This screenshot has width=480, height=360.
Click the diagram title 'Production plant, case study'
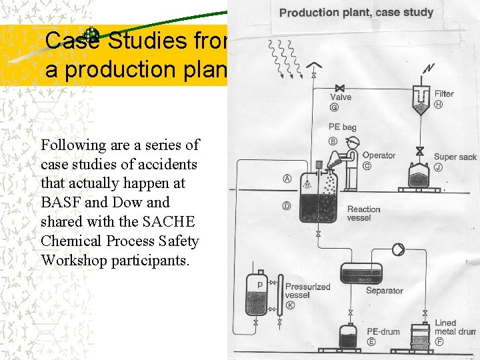pos(356,12)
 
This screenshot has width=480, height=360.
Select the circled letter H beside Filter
pos(439,104)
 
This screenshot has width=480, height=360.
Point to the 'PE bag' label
pos(343,127)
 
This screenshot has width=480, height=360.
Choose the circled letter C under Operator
pos(367,165)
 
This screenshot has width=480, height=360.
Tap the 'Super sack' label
pos(455,157)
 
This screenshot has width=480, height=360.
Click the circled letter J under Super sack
pos(438,167)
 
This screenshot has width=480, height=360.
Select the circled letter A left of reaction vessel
pos(287,179)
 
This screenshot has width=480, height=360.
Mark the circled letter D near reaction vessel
pos(287,206)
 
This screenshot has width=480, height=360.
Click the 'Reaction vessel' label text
pos(364,213)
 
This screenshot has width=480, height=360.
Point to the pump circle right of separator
pos(398,249)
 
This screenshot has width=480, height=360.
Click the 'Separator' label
pos(385,290)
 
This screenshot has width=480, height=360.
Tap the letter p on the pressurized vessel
pos(259,283)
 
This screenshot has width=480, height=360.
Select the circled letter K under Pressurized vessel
pos(290,305)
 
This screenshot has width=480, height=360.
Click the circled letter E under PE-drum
pos(371,341)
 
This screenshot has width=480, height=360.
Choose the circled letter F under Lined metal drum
pos(439,341)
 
